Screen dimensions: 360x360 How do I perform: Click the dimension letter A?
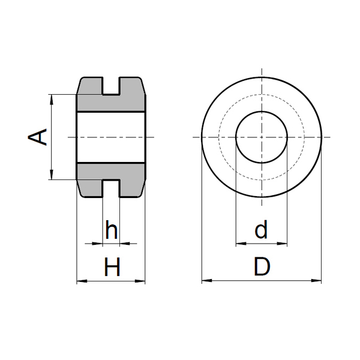click(37, 137)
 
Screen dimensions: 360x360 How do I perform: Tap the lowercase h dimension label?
click(112, 230)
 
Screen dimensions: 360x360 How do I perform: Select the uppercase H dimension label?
click(112, 267)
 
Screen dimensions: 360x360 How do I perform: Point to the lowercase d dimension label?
click(261, 230)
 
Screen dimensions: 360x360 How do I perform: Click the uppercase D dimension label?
click(262, 266)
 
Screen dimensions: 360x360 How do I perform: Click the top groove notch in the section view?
click(111, 86)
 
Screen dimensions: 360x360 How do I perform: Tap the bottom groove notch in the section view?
click(111, 188)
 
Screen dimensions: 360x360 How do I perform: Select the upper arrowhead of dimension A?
click(52, 100)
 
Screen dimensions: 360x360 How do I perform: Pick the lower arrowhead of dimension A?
click(52, 175)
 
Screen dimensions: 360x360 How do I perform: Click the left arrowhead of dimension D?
click(207, 281)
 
